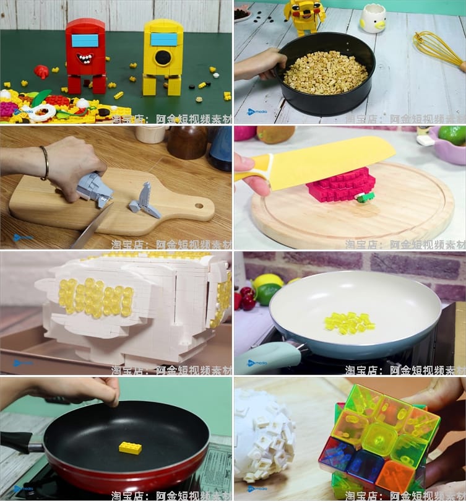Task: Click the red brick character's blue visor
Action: click(x=85, y=41)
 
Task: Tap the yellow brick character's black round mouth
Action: click(x=163, y=58)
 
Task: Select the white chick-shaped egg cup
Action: click(x=373, y=19)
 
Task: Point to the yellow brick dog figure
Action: click(x=304, y=15)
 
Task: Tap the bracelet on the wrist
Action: click(x=45, y=163)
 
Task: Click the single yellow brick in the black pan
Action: click(x=130, y=448)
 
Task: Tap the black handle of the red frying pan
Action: click(x=19, y=441)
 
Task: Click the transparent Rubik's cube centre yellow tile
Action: click(x=379, y=437)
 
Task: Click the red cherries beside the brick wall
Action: click(x=247, y=298)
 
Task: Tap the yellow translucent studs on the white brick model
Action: click(x=96, y=297)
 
